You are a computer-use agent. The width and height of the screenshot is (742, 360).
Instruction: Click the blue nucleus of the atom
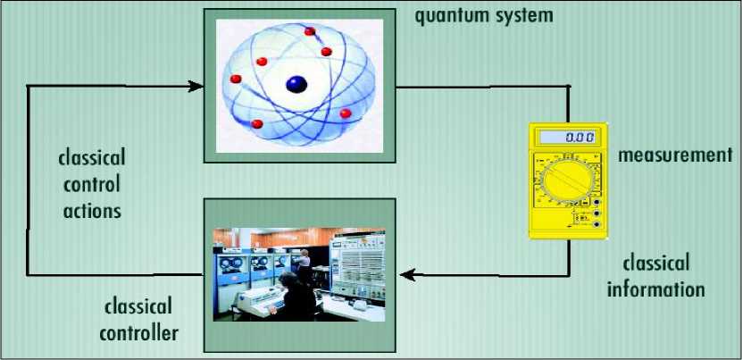296,85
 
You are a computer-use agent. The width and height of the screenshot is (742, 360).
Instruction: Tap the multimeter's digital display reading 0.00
567,138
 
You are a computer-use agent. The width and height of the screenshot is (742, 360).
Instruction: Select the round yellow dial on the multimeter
568,181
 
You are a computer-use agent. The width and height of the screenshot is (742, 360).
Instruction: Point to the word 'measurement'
675,155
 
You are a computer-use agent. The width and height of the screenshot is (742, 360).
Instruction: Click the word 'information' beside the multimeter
656,288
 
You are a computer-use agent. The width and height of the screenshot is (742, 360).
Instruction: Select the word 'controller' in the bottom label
138,332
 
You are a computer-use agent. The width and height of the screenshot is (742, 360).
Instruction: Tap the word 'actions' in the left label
92,210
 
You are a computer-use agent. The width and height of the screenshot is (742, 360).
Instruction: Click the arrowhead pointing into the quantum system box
196,87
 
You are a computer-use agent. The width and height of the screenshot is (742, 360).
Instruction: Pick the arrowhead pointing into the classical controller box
407,275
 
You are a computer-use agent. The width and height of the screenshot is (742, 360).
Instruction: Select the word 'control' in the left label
92,184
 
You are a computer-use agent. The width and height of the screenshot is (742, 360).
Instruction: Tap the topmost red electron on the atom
310,31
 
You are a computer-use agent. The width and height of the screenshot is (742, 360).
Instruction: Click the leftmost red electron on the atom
236,79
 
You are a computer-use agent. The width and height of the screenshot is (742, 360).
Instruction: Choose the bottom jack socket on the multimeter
596,224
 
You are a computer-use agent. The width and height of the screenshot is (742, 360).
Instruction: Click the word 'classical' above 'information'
656,264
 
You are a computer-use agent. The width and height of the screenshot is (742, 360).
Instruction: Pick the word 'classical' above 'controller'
138,306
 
